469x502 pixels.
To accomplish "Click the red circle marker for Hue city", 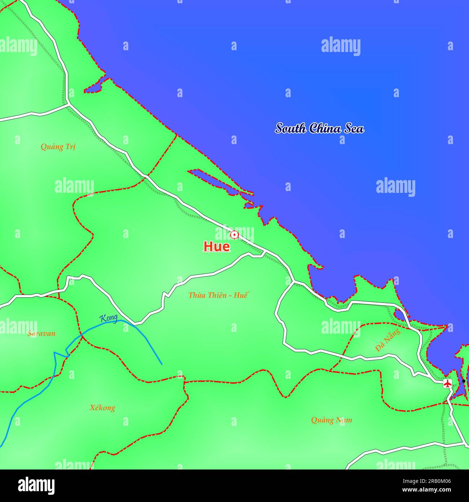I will point(234,235).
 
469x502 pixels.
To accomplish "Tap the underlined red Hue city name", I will point(216,247).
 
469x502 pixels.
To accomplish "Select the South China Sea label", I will point(320,128).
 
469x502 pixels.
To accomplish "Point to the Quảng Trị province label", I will point(58,147).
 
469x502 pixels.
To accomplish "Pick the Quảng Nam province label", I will point(332,420).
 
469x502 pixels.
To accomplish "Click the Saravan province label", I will point(41,333).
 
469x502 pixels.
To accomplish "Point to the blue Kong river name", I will point(109,318).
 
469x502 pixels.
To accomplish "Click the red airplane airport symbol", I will point(447,383).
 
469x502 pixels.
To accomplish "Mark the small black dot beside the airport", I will point(464,381).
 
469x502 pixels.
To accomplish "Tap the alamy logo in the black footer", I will point(36,485).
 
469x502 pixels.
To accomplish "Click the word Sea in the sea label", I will point(354,128).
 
